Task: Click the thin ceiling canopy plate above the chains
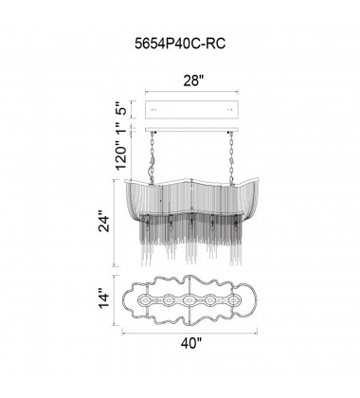193,129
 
